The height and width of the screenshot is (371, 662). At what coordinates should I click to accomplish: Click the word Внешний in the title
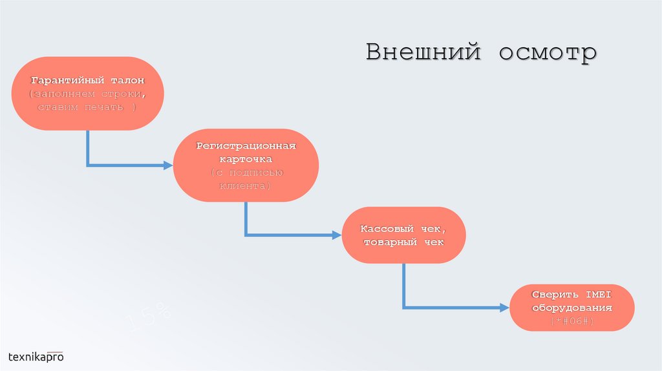tap(423, 52)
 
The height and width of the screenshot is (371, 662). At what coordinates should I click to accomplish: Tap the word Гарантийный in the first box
tap(66, 81)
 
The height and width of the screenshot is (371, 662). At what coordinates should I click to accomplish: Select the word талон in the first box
tap(126, 81)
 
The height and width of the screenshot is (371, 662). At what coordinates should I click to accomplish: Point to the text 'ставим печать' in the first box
tap(83, 107)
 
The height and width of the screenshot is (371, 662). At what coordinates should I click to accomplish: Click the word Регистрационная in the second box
tap(246, 145)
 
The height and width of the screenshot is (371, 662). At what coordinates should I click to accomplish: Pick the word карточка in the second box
tap(246, 159)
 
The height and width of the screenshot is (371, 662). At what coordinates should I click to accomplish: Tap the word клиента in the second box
tap(246, 185)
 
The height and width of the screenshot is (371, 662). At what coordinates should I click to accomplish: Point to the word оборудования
tap(572, 308)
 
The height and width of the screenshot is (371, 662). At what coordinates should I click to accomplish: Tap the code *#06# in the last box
tap(572, 321)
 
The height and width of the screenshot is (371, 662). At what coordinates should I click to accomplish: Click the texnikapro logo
tap(36, 356)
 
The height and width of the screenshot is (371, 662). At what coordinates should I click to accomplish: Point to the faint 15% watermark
tap(148, 319)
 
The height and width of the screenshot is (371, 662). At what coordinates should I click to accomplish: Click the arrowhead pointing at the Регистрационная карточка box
tap(169, 165)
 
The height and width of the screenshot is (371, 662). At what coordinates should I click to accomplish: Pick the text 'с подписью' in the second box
tap(246, 173)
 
